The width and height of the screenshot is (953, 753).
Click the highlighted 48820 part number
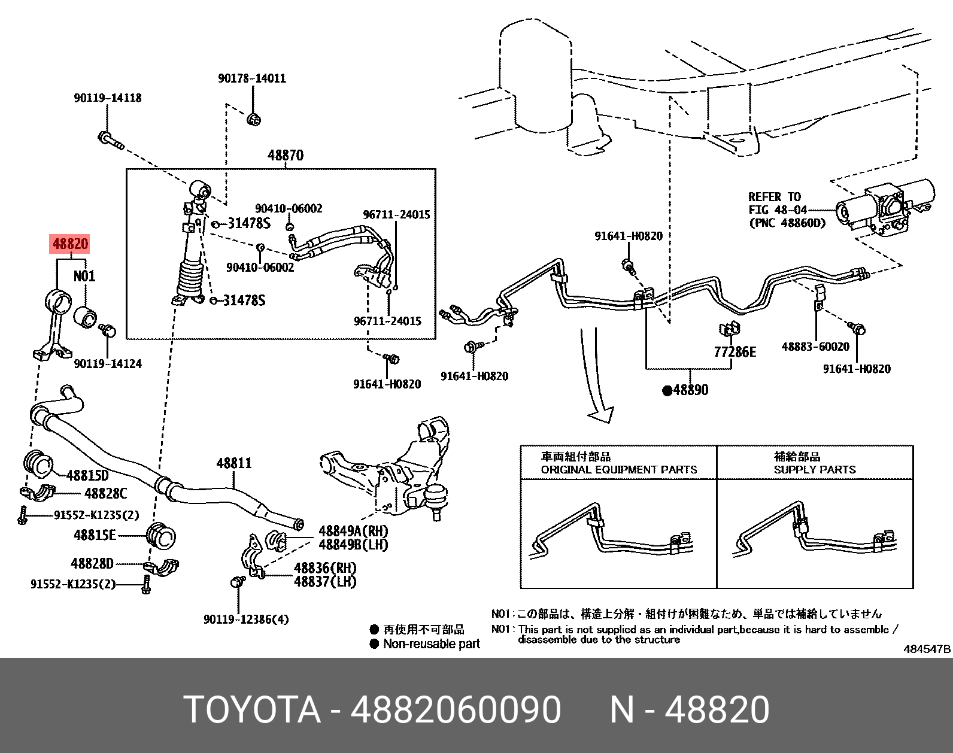71,244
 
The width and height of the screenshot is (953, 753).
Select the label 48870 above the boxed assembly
286,156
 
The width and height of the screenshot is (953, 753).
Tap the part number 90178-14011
251,78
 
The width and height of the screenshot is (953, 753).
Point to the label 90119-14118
108,98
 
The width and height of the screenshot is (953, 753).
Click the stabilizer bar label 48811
234,463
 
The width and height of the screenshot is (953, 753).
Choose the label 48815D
87,476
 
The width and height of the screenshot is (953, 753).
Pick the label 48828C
105,494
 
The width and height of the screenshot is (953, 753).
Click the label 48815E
95,535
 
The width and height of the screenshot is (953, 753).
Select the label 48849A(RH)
353,531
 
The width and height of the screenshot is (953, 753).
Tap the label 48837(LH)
324,581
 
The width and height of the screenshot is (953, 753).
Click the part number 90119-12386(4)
246,620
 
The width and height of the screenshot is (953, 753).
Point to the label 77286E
735,352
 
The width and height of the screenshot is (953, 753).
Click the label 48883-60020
815,347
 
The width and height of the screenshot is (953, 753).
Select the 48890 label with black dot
685,390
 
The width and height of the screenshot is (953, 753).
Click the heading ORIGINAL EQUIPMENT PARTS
619,470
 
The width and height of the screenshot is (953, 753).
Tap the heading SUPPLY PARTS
815,470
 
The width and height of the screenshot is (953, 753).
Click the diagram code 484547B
927,649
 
